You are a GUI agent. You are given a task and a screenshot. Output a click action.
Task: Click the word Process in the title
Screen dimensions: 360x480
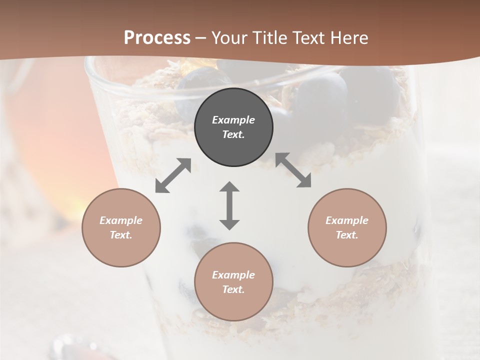pyautogui.click(x=157, y=37)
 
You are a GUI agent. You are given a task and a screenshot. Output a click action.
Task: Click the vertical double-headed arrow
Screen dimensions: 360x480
pyautogui.click(x=229, y=205)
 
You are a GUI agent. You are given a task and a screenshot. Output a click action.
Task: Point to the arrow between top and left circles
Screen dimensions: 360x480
pyautogui.click(x=173, y=175)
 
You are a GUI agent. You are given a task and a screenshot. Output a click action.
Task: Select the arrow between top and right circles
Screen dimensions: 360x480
pyautogui.click(x=293, y=170)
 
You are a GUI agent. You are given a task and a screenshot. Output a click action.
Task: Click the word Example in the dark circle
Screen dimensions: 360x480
pyautogui.click(x=233, y=120)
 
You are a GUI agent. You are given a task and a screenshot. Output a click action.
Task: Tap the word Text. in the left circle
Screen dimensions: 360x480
pyautogui.click(x=121, y=235)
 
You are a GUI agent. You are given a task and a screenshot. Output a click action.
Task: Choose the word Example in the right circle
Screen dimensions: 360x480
pyautogui.click(x=347, y=220)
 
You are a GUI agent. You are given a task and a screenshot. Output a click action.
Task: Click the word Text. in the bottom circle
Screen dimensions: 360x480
pyautogui.click(x=233, y=289)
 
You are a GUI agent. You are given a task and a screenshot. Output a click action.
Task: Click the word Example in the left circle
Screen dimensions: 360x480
pyautogui.click(x=121, y=220)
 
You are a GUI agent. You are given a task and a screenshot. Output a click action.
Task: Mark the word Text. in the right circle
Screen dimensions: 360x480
pyautogui.click(x=347, y=235)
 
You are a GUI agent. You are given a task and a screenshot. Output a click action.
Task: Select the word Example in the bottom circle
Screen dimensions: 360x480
pyautogui.click(x=233, y=275)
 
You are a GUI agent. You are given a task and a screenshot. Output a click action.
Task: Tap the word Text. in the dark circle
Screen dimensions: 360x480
pyautogui.click(x=233, y=134)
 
